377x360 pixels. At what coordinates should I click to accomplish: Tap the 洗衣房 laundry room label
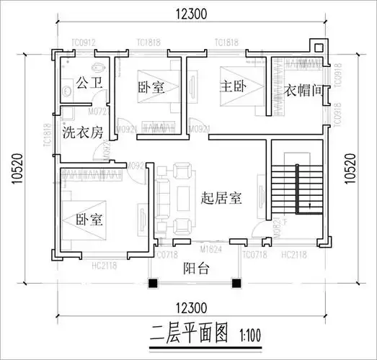coord(82,132)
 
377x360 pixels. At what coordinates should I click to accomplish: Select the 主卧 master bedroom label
coord(234,87)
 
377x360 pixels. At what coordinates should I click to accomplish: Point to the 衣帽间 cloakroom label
coord(301,91)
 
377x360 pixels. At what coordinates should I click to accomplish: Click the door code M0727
coord(98,113)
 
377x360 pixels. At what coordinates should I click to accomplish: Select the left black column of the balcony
coord(152,282)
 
